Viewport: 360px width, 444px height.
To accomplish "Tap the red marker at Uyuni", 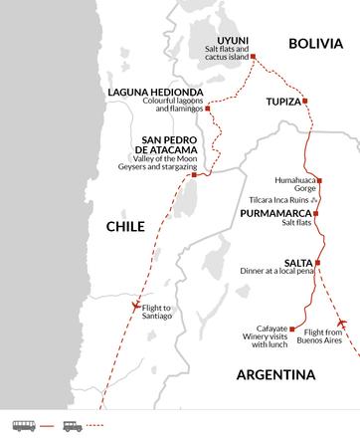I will tap(251, 58).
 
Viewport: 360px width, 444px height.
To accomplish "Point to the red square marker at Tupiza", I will tap(304, 102).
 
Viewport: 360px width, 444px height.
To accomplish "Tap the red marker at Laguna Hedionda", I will tap(207, 108).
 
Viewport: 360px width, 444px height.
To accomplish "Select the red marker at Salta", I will tap(318, 263).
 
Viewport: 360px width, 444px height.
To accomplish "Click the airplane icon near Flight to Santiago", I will tap(134, 306).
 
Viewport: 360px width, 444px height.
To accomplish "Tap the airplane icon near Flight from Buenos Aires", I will tap(343, 323).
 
